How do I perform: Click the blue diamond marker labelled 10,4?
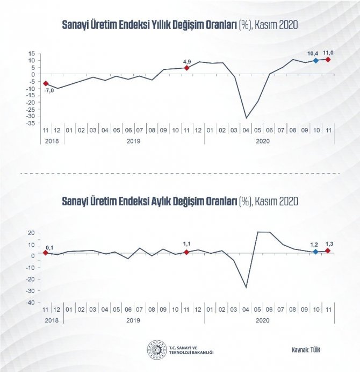pos(315,61)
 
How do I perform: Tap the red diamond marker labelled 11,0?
pos(328,59)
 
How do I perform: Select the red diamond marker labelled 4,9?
pos(186,68)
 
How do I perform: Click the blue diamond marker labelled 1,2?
pos(315,252)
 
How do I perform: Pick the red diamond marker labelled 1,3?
pos(328,251)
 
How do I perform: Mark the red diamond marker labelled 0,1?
pos(46,253)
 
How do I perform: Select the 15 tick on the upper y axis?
pos(32,54)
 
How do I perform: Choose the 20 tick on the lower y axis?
pos(32,233)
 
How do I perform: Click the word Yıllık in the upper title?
pos(173,25)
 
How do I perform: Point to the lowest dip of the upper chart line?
pos(246,118)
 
